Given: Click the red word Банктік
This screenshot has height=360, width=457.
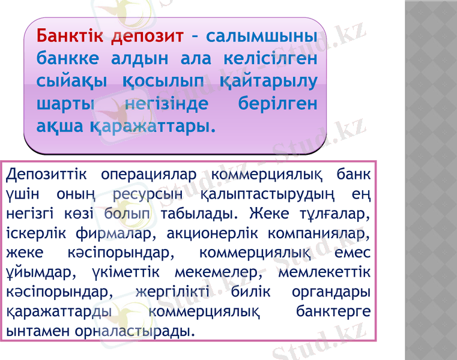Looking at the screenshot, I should tap(71, 35).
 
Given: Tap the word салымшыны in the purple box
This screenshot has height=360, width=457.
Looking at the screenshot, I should tap(262, 35).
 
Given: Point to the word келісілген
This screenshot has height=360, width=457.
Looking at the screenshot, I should tap(267, 58).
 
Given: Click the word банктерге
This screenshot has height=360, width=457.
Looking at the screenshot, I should tap(333, 312).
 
